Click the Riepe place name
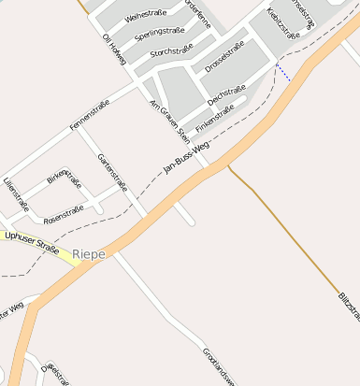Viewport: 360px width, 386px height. pyautogui.click(x=90, y=253)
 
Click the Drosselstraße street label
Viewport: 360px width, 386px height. pyautogui.click(x=223, y=56)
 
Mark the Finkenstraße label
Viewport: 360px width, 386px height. pyautogui.click(x=214, y=119)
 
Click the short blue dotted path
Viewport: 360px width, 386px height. pyautogui.click(x=282, y=72)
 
